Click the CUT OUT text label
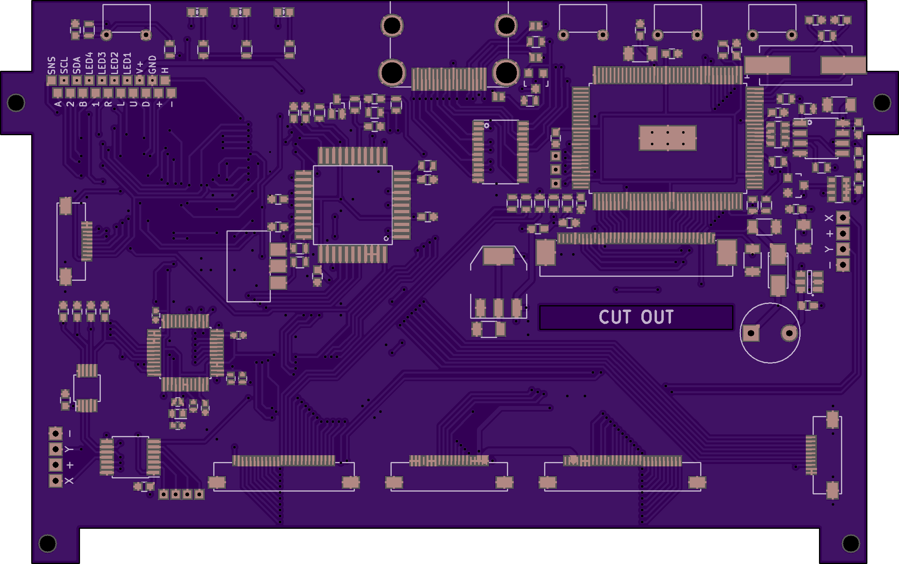coord(636,317)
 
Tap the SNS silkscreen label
coord(52,66)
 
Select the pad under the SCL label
coord(64,80)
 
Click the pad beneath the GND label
coord(152,80)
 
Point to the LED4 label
coord(89,63)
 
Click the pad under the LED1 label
coord(127,80)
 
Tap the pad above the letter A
coord(58,93)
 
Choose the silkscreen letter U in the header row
coord(133,104)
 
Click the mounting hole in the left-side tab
coord(16,102)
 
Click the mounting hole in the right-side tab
coord(882,102)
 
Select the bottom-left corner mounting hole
coord(48,543)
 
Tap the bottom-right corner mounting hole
coord(851,543)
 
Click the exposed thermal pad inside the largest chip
coord(667,138)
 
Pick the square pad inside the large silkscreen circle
coord(751,333)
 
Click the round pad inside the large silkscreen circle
coord(789,333)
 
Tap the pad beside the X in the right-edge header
coord(843,218)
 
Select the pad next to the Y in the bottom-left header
coord(56,449)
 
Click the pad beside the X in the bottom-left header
coord(56,480)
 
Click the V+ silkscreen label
coord(140,68)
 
